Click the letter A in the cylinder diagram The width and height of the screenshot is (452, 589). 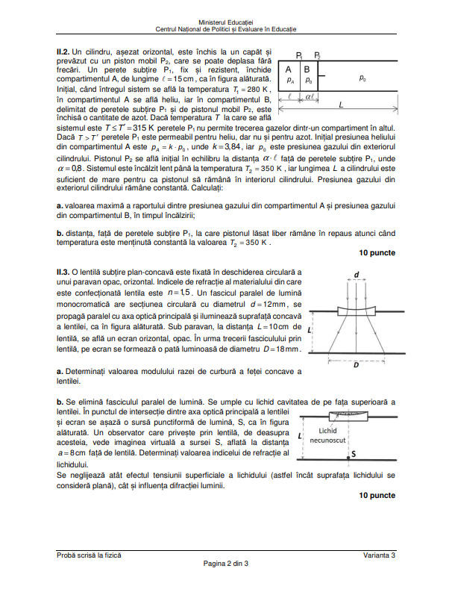(x=290, y=68)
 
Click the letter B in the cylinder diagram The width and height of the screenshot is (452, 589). (x=306, y=68)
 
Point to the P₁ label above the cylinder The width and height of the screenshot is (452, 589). (x=298, y=55)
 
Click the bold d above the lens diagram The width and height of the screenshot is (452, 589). (x=357, y=275)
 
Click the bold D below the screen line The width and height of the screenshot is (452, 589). (x=355, y=366)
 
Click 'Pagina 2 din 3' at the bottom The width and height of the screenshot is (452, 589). (x=226, y=563)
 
